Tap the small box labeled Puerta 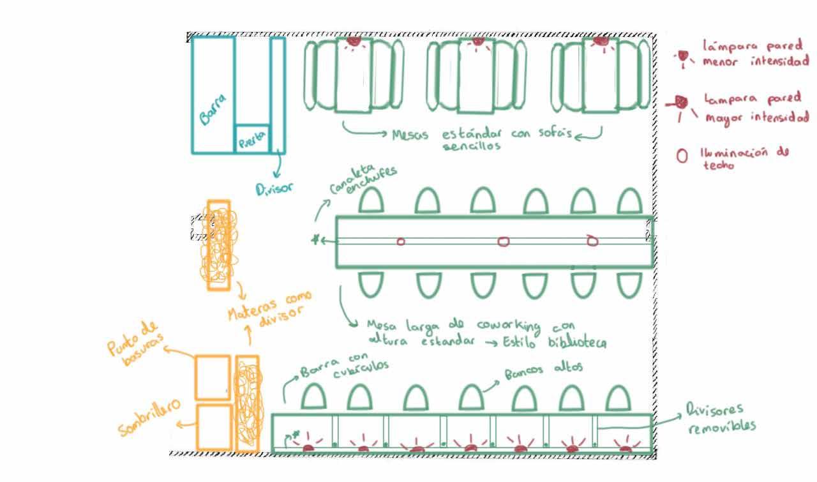click(x=252, y=139)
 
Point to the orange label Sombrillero click(x=147, y=419)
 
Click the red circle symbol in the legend click(x=682, y=156)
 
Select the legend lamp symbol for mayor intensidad click(x=681, y=102)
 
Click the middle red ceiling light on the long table click(x=503, y=241)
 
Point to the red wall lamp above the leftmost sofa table click(x=353, y=41)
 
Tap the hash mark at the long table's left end click(x=315, y=240)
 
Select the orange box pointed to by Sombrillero click(x=213, y=426)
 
